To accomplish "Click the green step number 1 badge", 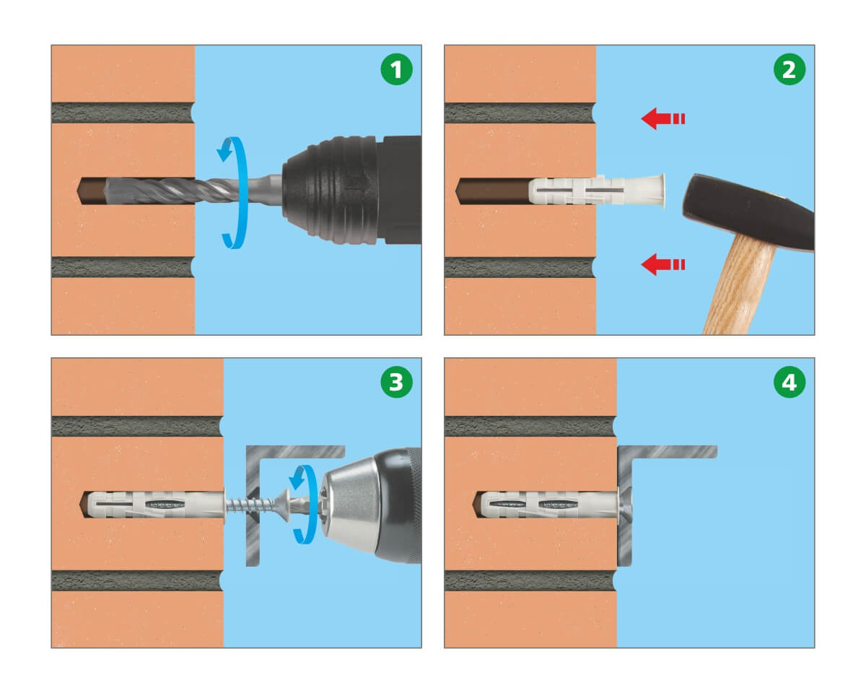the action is pos(396,69).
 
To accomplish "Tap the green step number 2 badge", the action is pos(790,69).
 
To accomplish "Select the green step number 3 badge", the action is pos(396,382).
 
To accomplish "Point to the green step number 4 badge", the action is pos(790,382).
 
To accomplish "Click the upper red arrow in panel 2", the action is pos(662,119).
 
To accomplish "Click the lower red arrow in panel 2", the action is pos(662,264).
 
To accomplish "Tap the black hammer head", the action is pos(748,212).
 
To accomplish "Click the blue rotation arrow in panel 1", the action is pos(235,193).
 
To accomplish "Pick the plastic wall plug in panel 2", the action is pos(595,191).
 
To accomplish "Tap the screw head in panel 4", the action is pos(626,505).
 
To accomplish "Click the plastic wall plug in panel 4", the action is pos(547,505).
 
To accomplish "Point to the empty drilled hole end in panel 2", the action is pos(491,191).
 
